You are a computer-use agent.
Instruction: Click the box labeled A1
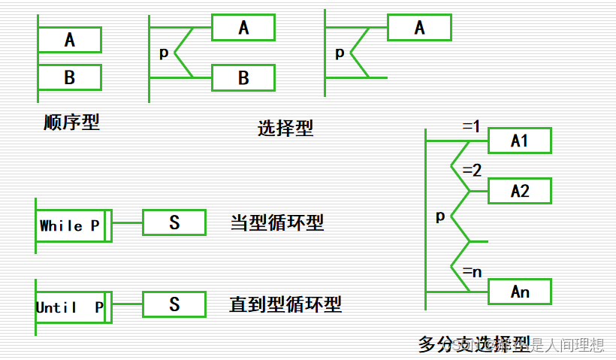520,141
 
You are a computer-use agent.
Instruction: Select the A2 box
520,191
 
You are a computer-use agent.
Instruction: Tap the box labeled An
520,292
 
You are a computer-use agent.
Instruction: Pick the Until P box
70,307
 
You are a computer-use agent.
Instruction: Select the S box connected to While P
174,222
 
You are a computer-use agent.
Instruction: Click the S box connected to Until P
174,304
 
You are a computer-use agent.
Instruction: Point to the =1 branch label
471,127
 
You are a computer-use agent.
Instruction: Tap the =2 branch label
472,171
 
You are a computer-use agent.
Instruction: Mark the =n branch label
472,271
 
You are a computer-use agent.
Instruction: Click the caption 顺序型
71,122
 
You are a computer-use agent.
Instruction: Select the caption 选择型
285,128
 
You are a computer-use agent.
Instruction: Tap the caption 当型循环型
277,223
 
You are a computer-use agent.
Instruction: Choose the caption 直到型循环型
285,304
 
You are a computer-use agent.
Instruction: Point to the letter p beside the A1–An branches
440,216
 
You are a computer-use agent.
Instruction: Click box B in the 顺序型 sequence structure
70,77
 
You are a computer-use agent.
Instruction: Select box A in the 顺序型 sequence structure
70,40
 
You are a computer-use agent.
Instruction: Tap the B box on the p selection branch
243,77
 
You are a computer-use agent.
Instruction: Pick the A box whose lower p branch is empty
419,28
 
